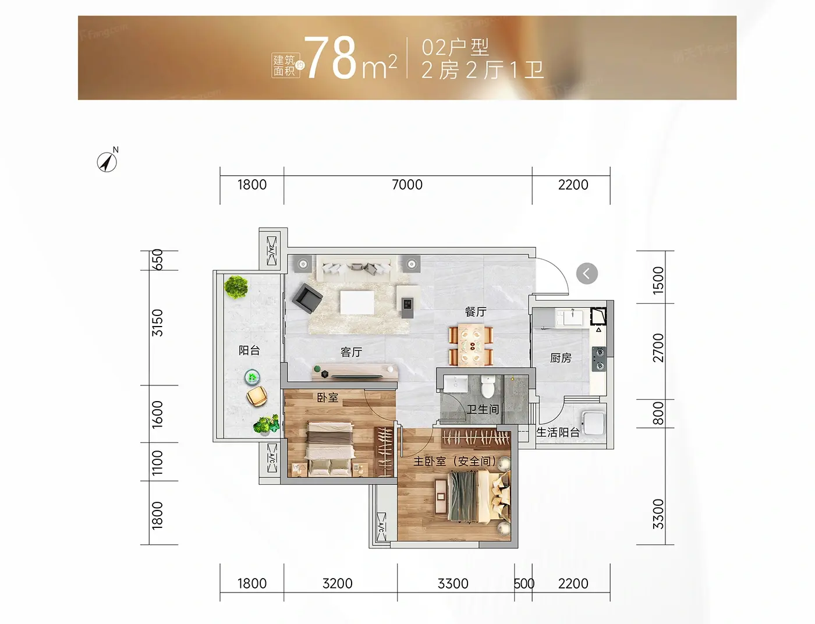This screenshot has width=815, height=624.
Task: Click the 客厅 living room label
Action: pyautogui.click(x=351, y=352)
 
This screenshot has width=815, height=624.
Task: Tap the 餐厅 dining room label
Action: pyautogui.click(x=476, y=311)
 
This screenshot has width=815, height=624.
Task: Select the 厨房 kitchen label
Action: pyautogui.click(x=561, y=358)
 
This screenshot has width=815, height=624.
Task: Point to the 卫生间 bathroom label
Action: pyautogui.click(x=483, y=409)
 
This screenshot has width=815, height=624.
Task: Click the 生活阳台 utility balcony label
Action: pyautogui.click(x=558, y=432)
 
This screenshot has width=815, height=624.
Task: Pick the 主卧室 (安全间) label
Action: pyautogui.click(x=455, y=461)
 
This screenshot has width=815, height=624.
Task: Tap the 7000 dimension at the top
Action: pyautogui.click(x=407, y=185)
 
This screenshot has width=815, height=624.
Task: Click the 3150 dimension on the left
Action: pyautogui.click(x=158, y=322)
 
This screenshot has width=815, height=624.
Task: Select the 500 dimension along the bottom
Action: pyautogui.click(x=523, y=583)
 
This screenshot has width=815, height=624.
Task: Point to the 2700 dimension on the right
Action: pyautogui.click(x=658, y=348)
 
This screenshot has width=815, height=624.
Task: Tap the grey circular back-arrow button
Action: pyautogui.click(x=587, y=274)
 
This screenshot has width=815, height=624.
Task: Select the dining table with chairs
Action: pyautogui.click(x=471, y=346)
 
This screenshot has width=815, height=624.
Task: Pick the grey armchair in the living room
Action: pyautogui.click(x=307, y=299)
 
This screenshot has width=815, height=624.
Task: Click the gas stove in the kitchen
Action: pyautogui.click(x=599, y=359)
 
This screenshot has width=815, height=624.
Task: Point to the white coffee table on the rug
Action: pyautogui.click(x=357, y=303)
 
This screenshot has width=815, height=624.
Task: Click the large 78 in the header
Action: pyautogui.click(x=330, y=58)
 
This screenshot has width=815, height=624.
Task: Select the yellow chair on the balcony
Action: pyautogui.click(x=257, y=396)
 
